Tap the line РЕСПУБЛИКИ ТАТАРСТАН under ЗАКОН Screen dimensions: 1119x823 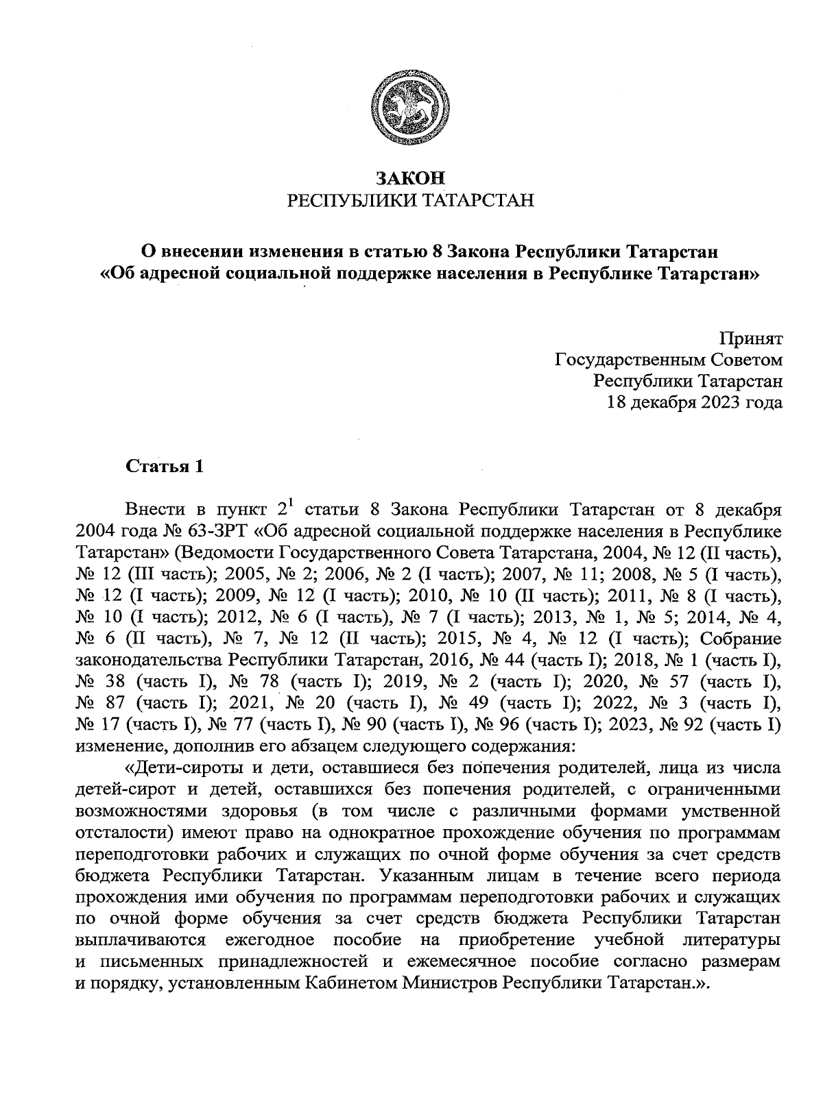coord(410,200)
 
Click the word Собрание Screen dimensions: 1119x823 coord(743,639)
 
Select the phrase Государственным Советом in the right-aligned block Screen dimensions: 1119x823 coord(668,360)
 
